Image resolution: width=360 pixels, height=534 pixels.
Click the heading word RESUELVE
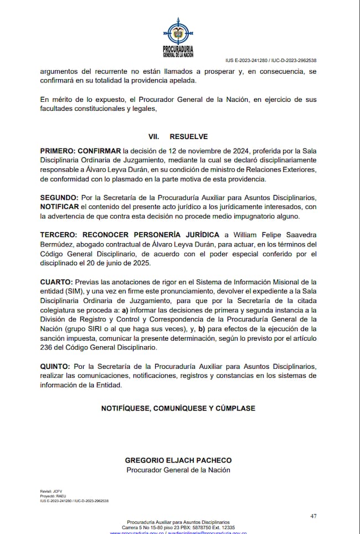tap(188, 136)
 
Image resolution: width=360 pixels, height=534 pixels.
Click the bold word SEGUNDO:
tap(59, 198)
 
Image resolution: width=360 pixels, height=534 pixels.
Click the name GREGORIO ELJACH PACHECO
tap(178, 460)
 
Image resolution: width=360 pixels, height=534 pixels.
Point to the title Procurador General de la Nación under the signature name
tap(178, 470)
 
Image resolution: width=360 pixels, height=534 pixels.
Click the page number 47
tap(313, 516)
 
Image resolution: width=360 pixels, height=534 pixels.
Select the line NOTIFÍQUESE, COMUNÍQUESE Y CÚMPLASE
tap(178, 408)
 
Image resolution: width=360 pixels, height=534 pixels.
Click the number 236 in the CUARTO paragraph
tap(47, 348)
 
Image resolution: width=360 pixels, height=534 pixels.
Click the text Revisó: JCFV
tap(47, 491)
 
